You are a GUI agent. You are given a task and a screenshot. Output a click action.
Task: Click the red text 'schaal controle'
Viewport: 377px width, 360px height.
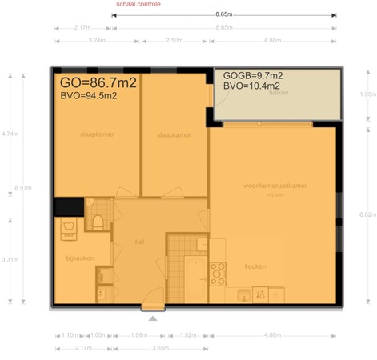pyautogui.click(x=138, y=4)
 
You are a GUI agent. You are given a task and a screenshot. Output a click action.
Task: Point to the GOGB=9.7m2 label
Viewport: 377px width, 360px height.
pyautogui.click(x=252, y=75)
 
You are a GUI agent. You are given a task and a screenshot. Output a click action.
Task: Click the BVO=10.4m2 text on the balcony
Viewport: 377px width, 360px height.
pyautogui.click(x=251, y=86)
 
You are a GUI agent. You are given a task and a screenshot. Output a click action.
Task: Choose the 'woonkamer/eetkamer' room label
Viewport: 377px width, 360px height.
pyautogui.click(x=275, y=186)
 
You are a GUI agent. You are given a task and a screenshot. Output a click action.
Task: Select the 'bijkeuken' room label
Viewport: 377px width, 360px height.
pyautogui.click(x=76, y=260)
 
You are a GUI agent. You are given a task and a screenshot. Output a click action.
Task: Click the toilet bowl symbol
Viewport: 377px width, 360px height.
pyautogui.click(x=98, y=221)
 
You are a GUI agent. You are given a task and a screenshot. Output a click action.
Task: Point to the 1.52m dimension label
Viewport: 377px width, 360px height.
pyautogui.click(x=188, y=334)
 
